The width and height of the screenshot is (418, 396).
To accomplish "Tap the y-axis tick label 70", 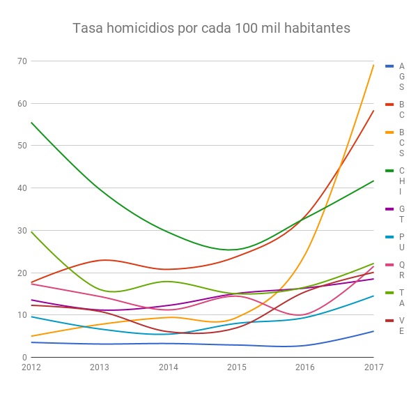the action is pos(22,61).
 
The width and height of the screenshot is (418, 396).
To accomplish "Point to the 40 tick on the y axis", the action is pos(22,188).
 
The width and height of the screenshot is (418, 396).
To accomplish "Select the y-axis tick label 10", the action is pos(22,315).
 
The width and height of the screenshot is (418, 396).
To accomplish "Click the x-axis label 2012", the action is pos(31,367).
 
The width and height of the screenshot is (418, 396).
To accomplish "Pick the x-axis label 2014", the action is pos(169,367).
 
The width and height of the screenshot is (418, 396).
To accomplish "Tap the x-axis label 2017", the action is pos(373,367).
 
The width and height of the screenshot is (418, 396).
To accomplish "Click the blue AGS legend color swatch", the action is pos(389,66).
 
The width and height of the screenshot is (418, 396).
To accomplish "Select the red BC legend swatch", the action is pos(389,105).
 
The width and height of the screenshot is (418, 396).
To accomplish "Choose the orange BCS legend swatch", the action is pos(389,132).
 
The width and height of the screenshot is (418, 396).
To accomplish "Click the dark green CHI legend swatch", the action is pos(389,171).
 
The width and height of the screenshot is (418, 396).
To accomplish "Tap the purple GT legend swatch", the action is pos(389,209).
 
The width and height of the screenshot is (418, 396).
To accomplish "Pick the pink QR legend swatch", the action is pos(389,265).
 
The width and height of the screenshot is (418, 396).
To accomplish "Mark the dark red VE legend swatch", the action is pos(389,321).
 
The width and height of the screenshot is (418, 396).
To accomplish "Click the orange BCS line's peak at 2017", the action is pos(373,65).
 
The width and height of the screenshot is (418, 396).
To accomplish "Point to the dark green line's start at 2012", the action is pos(31,123).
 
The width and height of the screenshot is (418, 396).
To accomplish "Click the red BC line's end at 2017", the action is pos(373,111).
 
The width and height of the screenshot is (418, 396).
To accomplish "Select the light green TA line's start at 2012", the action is pos(31,232).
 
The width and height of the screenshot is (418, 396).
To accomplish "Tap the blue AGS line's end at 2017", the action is pos(373,331).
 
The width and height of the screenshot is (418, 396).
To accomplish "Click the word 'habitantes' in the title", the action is pos(317,28).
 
